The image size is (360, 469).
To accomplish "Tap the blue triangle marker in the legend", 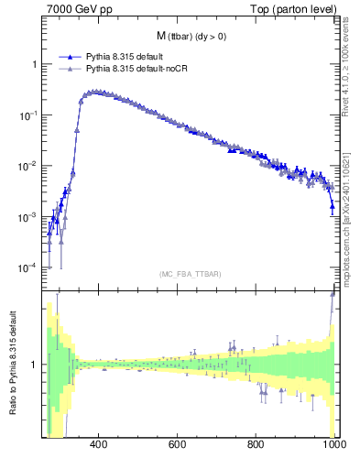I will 68,57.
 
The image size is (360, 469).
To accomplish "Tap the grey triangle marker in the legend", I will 68,69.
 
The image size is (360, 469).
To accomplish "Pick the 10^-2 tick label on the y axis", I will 29,166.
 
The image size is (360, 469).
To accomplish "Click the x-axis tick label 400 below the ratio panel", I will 99,446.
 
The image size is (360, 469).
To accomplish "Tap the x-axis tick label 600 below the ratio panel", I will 178,446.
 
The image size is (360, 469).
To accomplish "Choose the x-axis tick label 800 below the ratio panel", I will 256,446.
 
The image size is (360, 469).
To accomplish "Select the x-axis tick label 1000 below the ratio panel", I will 333,446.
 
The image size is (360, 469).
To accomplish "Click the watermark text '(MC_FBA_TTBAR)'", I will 191,274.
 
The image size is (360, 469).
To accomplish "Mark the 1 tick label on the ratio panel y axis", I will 34,365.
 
